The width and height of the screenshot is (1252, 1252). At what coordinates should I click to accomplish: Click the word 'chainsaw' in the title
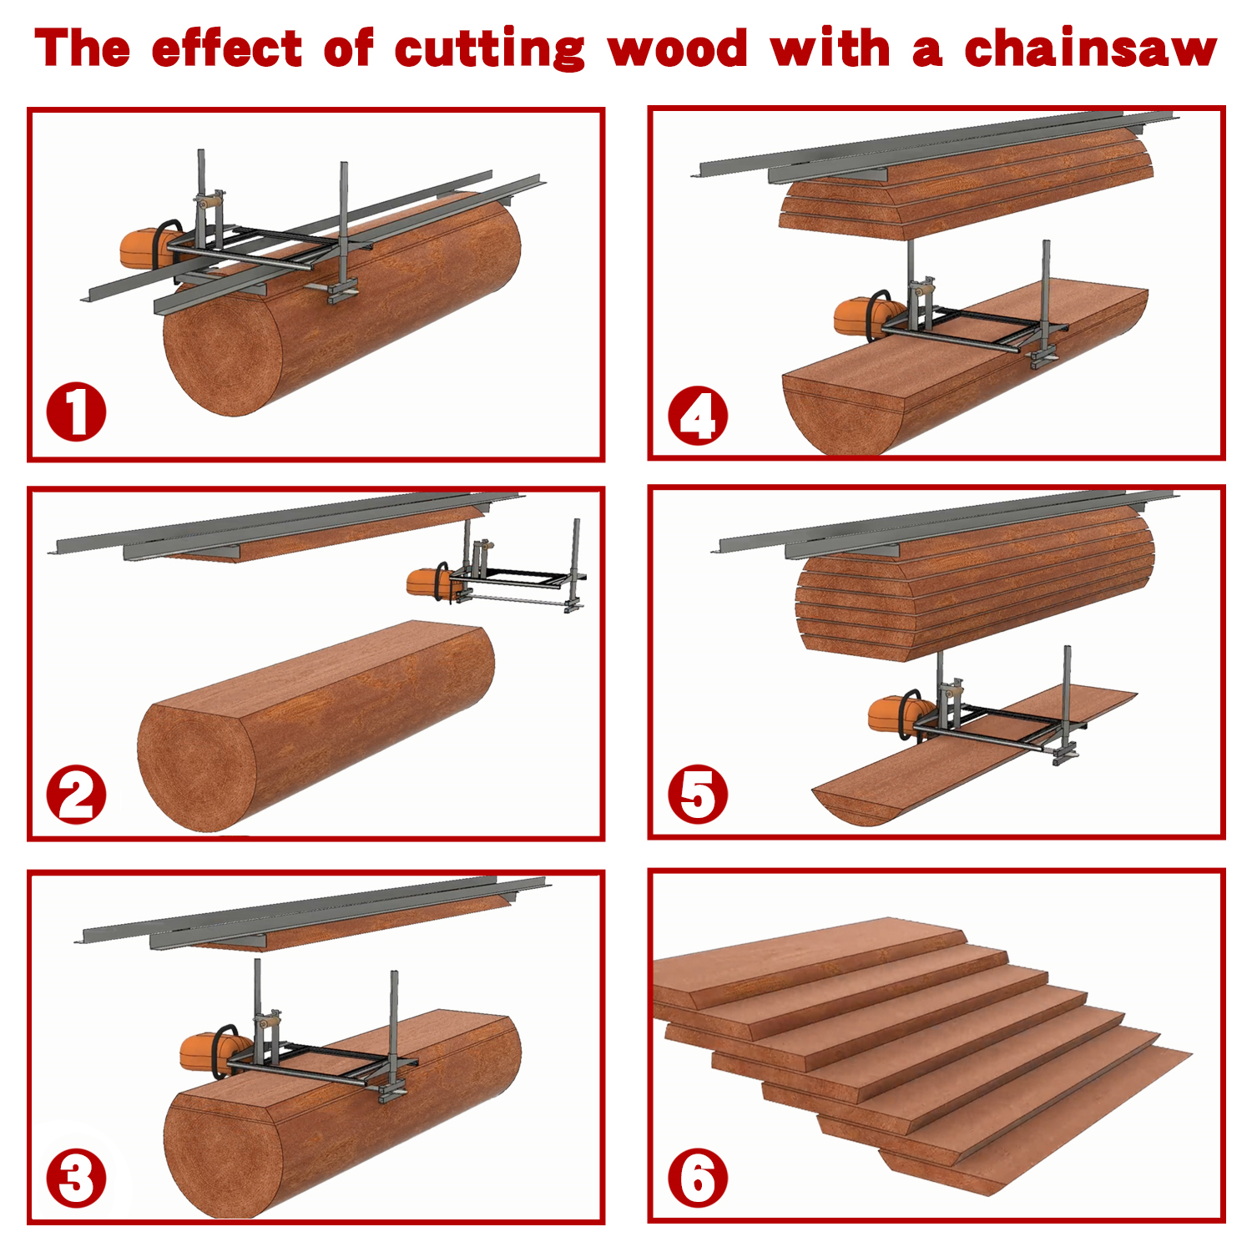coord(1090,48)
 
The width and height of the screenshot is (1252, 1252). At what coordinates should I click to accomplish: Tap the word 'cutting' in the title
coord(490,50)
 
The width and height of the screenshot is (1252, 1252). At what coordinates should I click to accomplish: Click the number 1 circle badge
coord(76,411)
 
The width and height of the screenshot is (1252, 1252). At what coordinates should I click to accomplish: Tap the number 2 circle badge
coord(76,795)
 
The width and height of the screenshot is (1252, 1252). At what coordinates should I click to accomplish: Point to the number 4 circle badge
coord(698,415)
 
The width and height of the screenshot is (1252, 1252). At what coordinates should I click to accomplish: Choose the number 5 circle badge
coord(698,795)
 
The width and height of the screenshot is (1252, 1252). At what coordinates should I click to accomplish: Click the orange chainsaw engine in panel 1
coord(142,248)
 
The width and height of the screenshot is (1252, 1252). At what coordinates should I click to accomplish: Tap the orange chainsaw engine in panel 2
coord(424,582)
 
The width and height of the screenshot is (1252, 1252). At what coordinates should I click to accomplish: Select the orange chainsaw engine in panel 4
coord(856,317)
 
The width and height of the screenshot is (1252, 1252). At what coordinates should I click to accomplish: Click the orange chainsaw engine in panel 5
coord(890,714)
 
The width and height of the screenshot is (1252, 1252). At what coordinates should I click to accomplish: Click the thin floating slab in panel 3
coord(351,926)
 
